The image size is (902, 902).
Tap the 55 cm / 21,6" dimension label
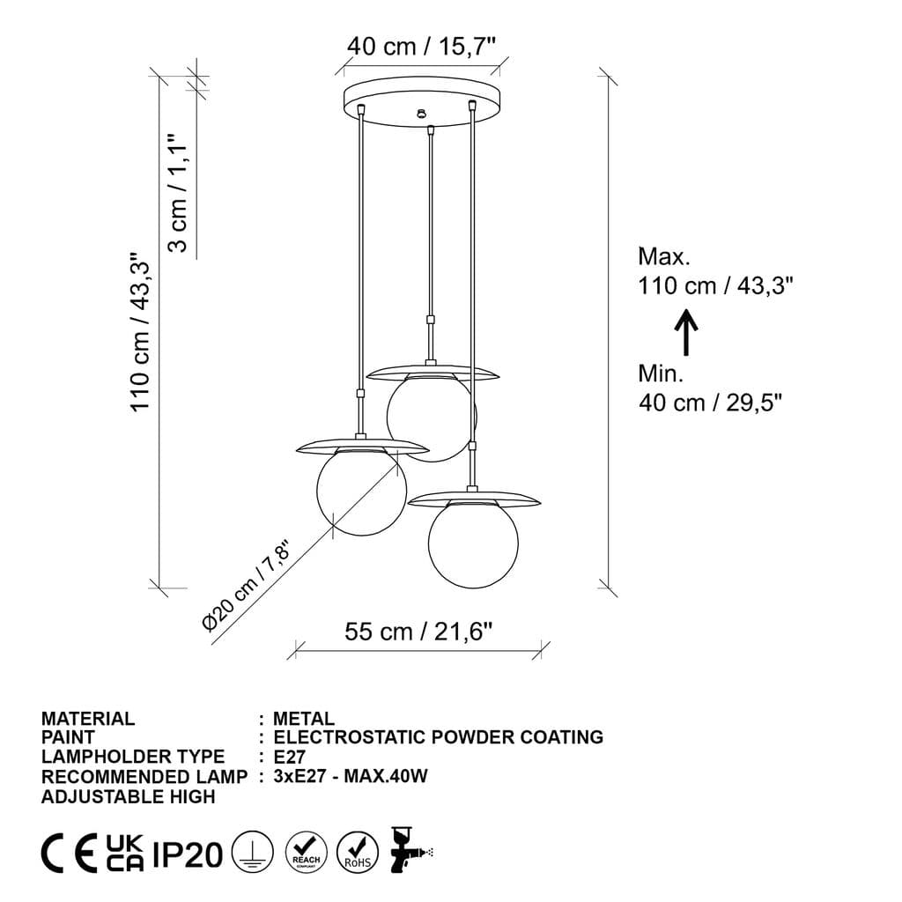(418, 631)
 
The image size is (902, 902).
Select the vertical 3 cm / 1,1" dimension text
(179, 193)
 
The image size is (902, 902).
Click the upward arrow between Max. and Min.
(686, 333)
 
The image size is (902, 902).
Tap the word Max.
(664, 257)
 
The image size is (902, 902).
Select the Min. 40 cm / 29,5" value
(710, 403)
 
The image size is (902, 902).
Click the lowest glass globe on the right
(473, 544)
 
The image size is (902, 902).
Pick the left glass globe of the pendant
(361, 492)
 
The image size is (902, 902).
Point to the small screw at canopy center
(422, 113)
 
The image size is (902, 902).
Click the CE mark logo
(70, 853)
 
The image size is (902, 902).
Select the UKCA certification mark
(125, 853)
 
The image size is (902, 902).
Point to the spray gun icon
(410, 850)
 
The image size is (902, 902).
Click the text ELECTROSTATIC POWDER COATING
(439, 737)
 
